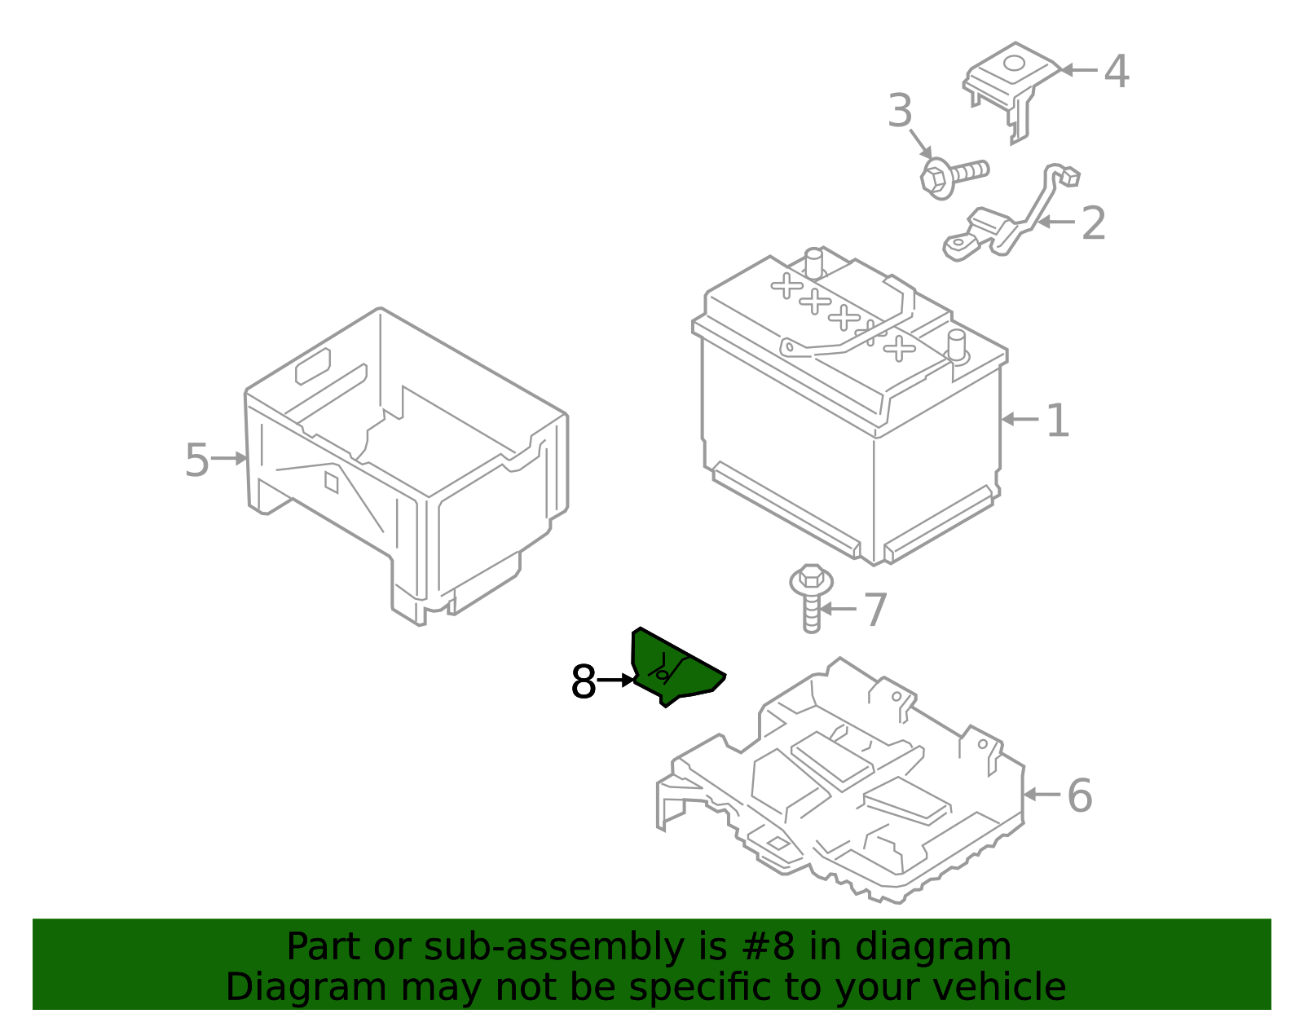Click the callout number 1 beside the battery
pos(1057,421)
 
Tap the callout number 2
pos(1093,223)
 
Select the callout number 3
pos(900,111)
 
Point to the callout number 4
pos(1116,72)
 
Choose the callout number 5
pos(196,461)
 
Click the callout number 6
pos(1079,795)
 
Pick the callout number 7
pos(874,610)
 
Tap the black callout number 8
pos(584,681)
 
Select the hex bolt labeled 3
pos(954,174)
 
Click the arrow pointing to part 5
pos(230,459)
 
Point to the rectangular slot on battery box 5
pos(312,366)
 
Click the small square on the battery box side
pos(331,483)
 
